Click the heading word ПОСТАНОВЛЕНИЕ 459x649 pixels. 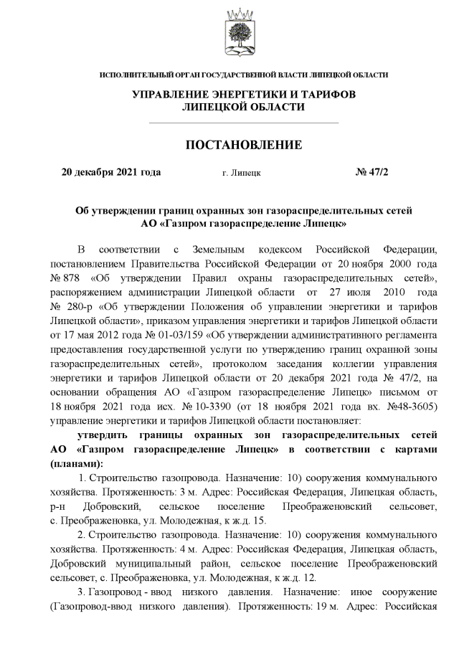[x=244, y=145]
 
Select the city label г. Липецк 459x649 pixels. [x=242, y=173]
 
